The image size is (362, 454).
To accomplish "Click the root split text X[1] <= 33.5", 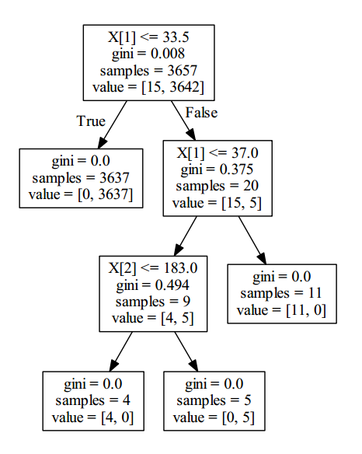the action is point(148,37).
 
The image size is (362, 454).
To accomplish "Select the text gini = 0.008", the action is point(148,54).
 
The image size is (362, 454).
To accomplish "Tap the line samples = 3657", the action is point(148,71).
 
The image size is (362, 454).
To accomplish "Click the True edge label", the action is point(91,120).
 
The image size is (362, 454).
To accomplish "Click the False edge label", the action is point(201,113).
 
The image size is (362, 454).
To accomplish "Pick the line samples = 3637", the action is point(81,178).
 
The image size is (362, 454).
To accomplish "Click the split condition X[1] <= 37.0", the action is point(218,152).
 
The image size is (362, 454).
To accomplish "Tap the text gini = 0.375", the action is point(217,169).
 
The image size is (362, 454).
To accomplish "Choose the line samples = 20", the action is point(217,186).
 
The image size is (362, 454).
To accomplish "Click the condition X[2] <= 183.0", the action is point(153,268).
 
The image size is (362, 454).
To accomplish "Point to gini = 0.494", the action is point(153,285).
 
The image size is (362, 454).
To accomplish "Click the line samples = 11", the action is point(281,293).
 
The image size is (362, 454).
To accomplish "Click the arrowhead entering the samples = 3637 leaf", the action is point(102,143).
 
